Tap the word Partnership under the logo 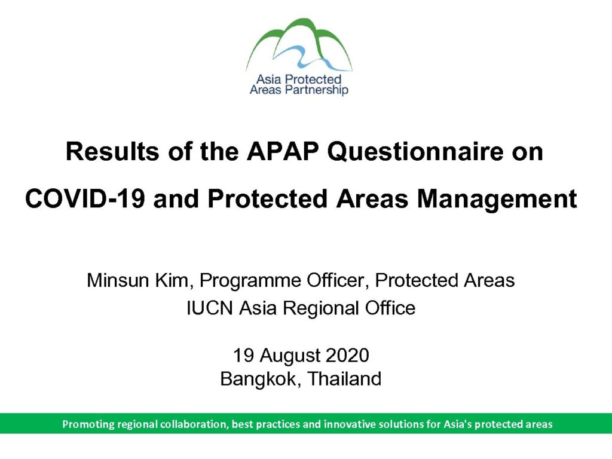click(x=317, y=90)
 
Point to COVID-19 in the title click(x=85, y=198)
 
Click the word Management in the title click(x=497, y=199)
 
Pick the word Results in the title click(x=112, y=151)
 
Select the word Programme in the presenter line click(x=250, y=281)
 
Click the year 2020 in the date click(x=347, y=355)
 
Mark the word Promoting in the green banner click(x=88, y=424)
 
